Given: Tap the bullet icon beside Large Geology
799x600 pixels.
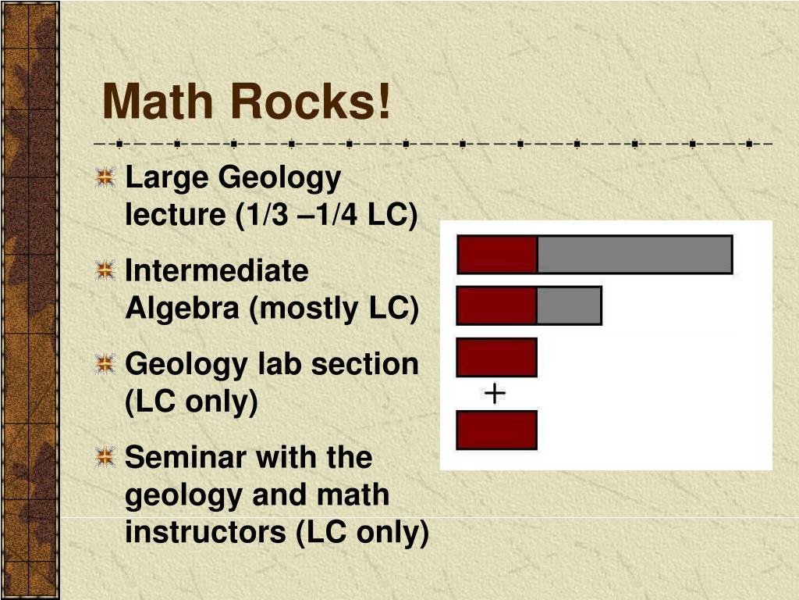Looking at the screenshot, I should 105,179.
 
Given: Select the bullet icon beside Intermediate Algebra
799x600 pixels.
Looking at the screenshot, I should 105,272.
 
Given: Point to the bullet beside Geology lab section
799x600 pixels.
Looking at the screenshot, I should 105,365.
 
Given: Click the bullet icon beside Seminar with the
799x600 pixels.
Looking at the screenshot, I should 105,458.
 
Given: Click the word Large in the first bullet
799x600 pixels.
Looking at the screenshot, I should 166,179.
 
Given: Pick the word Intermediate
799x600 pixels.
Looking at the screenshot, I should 217,271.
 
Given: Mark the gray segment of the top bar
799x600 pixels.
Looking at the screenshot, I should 634,255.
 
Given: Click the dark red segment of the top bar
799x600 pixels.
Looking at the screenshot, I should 497,255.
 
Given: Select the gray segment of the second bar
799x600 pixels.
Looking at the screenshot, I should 569,305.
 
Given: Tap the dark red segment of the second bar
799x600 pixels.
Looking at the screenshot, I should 497,305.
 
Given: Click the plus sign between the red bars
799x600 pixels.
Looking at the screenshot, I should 495,394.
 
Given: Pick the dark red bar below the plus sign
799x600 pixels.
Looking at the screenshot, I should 497,430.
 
